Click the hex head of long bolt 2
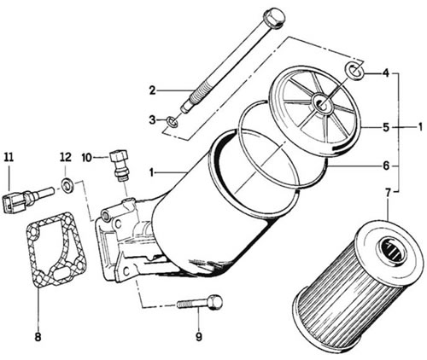click(x=274, y=18)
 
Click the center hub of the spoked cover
click(x=322, y=103)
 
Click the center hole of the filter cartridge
click(x=394, y=250)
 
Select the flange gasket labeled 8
click(x=56, y=249)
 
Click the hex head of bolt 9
click(x=214, y=303)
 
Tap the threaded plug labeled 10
click(x=120, y=165)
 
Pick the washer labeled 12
click(x=67, y=185)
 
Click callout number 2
click(x=153, y=90)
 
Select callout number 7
click(x=388, y=193)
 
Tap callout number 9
click(x=199, y=337)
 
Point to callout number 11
click(x=9, y=157)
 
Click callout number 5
click(x=386, y=127)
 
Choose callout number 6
click(x=386, y=165)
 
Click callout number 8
click(x=38, y=337)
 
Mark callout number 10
click(x=87, y=157)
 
